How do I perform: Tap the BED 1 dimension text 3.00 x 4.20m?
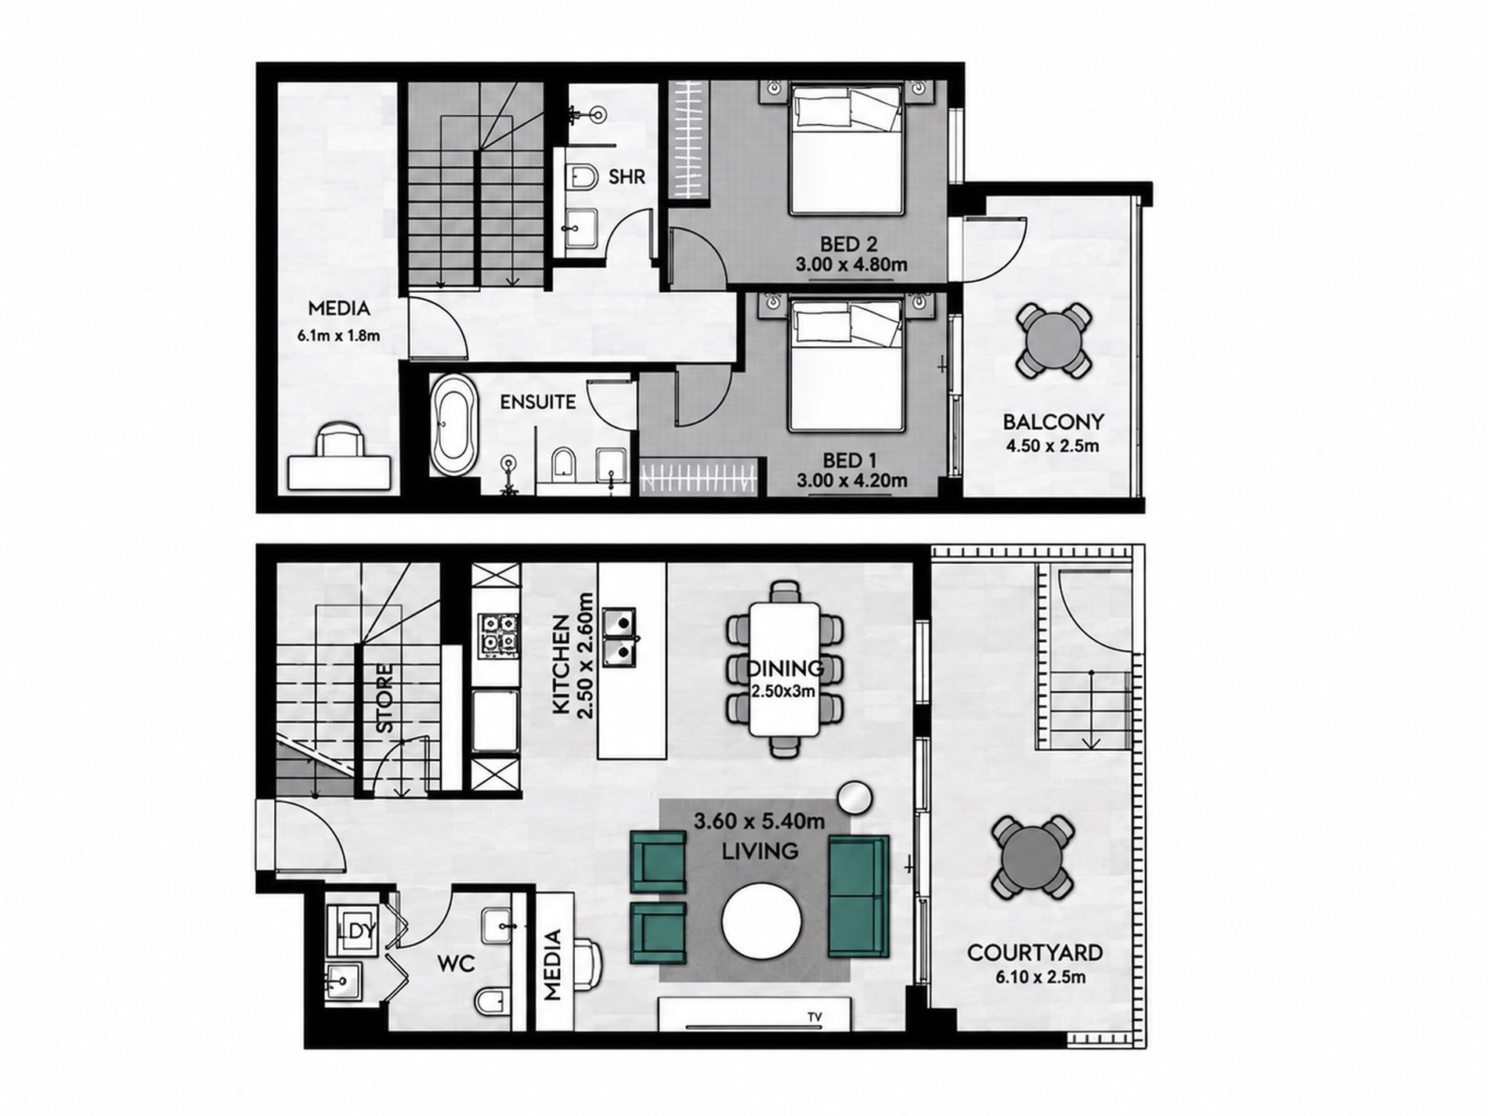(x=851, y=481)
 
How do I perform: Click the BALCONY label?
(x=1053, y=422)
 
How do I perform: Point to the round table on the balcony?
(x=1053, y=341)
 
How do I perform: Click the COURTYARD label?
(x=1035, y=952)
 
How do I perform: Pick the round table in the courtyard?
(x=1032, y=858)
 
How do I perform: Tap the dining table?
(x=786, y=669)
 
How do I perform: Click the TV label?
(x=815, y=1017)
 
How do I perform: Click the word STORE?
(x=384, y=699)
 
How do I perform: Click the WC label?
(x=457, y=964)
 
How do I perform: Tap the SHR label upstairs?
(x=627, y=177)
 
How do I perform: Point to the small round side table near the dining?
(x=854, y=798)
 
